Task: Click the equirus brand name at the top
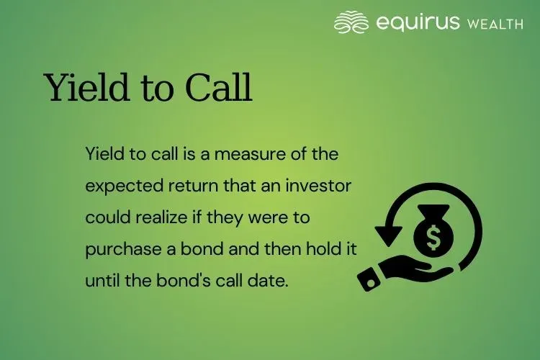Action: point(418,23)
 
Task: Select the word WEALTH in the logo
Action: point(494,24)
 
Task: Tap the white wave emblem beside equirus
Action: point(352,22)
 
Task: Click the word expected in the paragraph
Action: point(116,185)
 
